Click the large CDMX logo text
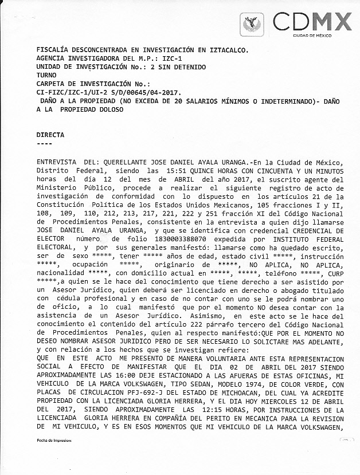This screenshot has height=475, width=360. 312,21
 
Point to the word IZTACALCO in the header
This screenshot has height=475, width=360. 225,50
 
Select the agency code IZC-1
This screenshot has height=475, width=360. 171,59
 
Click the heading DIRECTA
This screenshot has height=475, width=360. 50,135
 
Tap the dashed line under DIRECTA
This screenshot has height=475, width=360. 44,143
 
